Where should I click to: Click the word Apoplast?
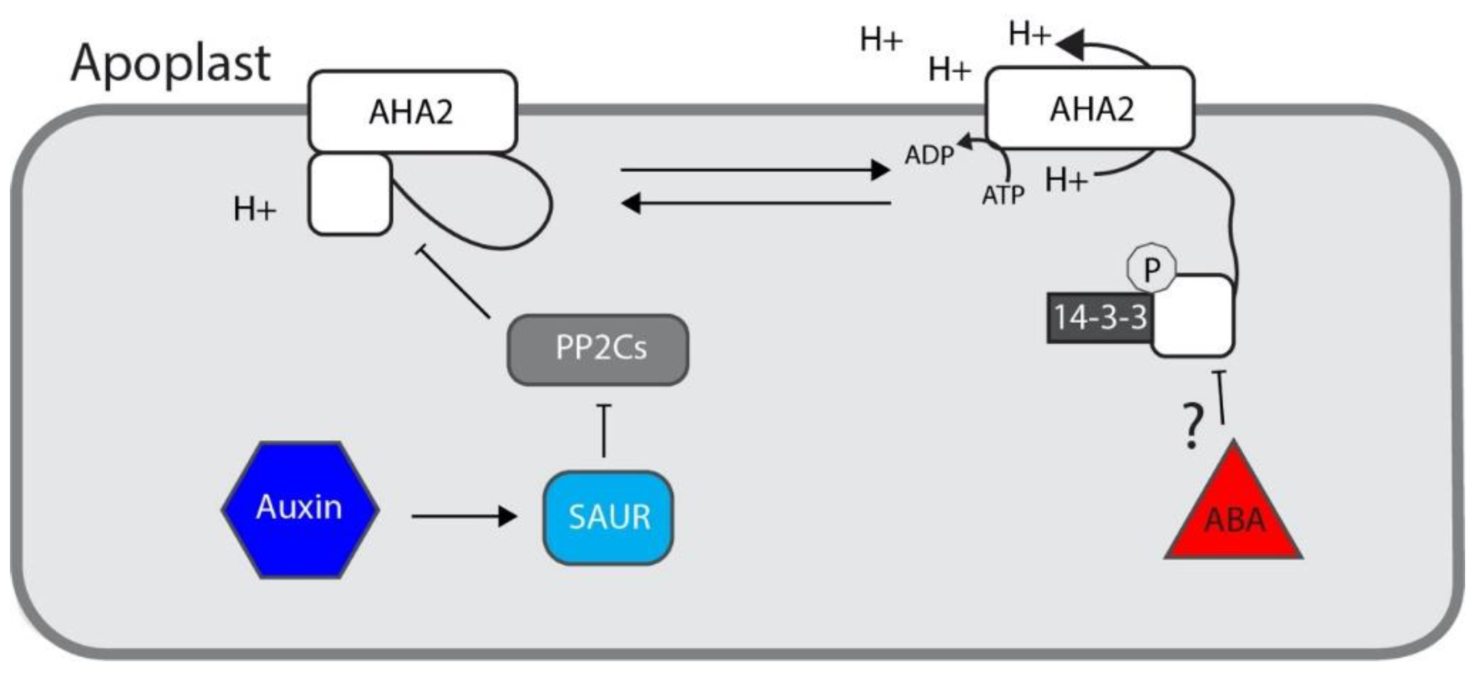pos(170,65)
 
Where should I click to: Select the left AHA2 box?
pos(412,111)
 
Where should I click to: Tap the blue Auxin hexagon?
pos(300,509)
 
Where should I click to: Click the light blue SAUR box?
pos(608,517)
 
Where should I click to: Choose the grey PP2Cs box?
pos(598,349)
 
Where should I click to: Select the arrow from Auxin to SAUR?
pos(463,516)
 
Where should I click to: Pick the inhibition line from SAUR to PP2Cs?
pos(603,432)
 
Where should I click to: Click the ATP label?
pos(1002,196)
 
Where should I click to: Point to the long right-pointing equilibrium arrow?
pos(754,170)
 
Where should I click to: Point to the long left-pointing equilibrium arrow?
pos(754,203)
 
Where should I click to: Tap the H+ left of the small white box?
pos(255,209)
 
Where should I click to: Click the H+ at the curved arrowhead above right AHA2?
pos(1029,35)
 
